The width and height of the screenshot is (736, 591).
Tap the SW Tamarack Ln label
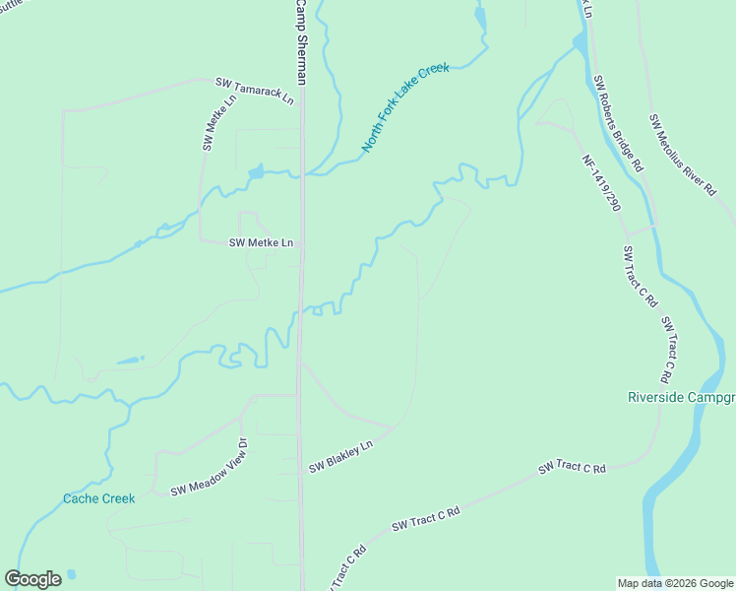pyautogui.click(x=255, y=93)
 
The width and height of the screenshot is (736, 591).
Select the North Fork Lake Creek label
pyautogui.click(x=404, y=107)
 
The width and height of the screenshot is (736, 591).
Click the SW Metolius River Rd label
pyautogui.click(x=682, y=155)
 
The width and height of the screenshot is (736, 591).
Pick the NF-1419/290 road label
pyautogui.click(x=601, y=183)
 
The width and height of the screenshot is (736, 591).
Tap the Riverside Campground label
pyautogui.click(x=681, y=398)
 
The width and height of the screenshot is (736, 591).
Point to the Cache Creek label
pyautogui.click(x=98, y=498)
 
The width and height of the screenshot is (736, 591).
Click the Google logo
pyautogui.click(x=32, y=579)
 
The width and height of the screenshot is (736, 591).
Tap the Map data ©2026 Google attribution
pyautogui.click(x=674, y=583)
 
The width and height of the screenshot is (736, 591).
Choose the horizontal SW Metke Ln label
pyautogui.click(x=261, y=242)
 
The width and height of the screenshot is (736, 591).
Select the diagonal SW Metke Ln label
pyautogui.click(x=220, y=122)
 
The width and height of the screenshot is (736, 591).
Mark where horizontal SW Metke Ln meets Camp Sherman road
pyautogui.click(x=300, y=242)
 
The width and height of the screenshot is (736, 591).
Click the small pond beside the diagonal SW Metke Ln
pyautogui.click(x=256, y=173)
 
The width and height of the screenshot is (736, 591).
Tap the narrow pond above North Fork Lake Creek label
pyautogui.click(x=480, y=17)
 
